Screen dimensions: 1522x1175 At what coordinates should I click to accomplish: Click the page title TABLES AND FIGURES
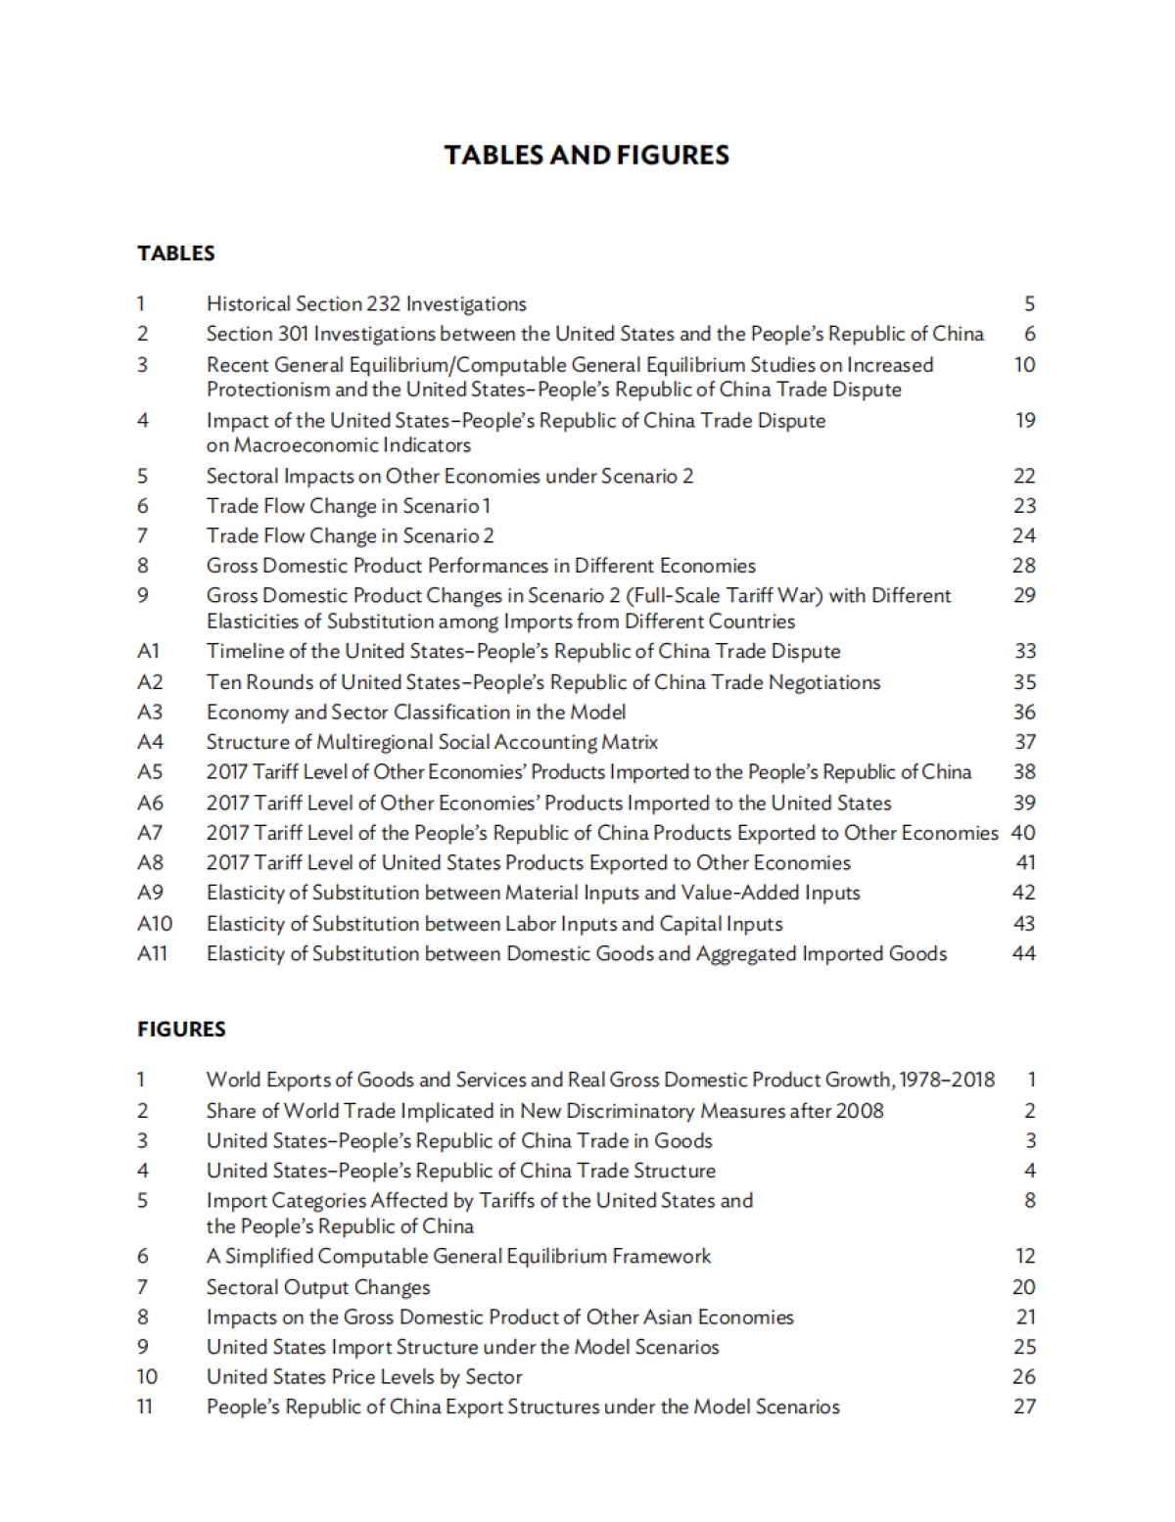(x=587, y=155)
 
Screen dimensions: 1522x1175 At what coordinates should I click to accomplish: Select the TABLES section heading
(x=176, y=253)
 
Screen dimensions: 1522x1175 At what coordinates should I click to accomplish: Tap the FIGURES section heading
(x=181, y=1029)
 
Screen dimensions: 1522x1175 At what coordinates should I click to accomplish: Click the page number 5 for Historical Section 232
(x=1029, y=304)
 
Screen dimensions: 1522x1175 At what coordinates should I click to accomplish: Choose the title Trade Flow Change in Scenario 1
(x=349, y=506)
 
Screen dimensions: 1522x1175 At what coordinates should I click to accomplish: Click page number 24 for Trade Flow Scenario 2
(x=1023, y=535)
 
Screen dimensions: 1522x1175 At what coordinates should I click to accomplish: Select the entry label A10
(x=154, y=924)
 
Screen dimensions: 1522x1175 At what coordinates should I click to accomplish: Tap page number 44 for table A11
(x=1023, y=953)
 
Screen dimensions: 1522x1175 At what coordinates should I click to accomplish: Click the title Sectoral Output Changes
(x=318, y=1287)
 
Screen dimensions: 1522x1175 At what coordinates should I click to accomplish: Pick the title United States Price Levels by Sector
(x=364, y=1376)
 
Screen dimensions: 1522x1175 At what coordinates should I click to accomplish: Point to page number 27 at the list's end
(x=1023, y=1407)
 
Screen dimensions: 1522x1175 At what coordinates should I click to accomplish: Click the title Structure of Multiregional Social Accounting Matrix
(x=432, y=742)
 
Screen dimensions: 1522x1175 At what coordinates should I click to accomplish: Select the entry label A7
(x=150, y=833)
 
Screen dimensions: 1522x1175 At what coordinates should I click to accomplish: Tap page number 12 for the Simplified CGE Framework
(x=1024, y=1256)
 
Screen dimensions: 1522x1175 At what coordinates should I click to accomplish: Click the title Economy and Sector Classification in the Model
(x=416, y=713)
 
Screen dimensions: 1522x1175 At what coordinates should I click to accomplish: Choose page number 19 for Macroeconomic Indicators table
(x=1024, y=421)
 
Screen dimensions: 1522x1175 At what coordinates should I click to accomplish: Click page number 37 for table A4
(x=1023, y=742)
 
